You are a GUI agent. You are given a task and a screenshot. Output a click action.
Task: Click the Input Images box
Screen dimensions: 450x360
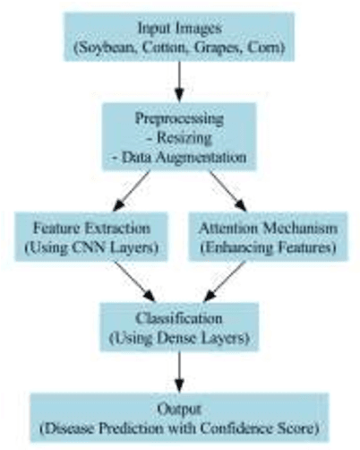179,37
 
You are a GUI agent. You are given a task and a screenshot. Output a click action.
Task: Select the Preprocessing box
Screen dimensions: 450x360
179,137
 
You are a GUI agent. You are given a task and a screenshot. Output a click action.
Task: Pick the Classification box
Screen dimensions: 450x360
179,327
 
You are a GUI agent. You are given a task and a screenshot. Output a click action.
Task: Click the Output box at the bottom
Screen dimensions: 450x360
179,416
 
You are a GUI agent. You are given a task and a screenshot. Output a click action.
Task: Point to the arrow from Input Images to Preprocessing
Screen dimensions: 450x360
179,82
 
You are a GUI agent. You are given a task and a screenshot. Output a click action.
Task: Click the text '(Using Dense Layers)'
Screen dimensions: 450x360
179,337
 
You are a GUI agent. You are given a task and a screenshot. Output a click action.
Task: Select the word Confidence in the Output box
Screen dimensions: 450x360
246,426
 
